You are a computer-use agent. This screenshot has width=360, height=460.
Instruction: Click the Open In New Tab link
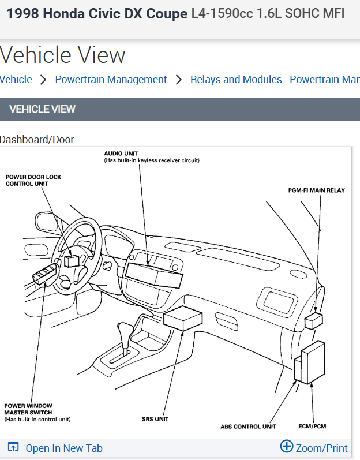click(63, 448)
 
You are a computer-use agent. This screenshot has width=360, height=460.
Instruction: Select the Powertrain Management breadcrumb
click(111, 80)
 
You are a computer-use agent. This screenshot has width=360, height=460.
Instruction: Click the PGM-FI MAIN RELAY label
click(316, 190)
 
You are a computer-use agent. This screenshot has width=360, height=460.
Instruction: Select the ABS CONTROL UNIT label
click(248, 427)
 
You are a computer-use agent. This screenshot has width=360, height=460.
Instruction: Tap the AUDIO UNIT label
click(122, 154)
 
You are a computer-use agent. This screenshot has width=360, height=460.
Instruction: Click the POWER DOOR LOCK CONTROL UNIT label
click(33, 180)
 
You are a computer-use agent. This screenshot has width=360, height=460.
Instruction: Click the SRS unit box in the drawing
click(183, 319)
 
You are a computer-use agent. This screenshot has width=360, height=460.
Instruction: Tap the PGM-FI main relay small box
click(313, 320)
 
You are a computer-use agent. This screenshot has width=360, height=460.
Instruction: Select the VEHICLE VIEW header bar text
click(43, 109)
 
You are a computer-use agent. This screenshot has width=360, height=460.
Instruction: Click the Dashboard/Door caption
click(37, 139)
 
